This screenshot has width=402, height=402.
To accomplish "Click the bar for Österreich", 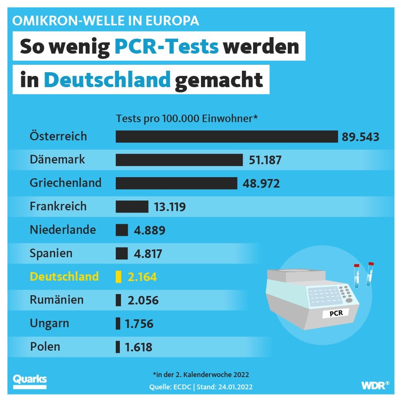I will tap(226, 137).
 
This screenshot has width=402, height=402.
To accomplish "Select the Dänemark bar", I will tap(179, 160).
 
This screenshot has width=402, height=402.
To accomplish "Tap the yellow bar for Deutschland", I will tap(119, 277).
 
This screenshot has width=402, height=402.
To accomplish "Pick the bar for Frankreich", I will tap(132, 207).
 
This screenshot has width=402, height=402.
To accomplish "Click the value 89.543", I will tap(360, 137).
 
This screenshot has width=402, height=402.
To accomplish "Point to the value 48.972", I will tap(261, 184).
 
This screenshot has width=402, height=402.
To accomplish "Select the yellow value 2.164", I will tap(142, 277).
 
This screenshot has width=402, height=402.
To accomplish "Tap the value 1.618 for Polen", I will tap(138, 347).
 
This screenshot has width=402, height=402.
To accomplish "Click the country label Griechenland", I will tap(66, 183).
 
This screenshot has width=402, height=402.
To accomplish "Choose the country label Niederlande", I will tap(63, 229).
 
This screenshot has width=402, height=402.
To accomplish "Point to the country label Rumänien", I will tap(57, 300).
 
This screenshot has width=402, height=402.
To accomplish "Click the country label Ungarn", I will tap(49, 323).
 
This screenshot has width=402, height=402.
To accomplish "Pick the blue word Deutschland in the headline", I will tap(107, 80).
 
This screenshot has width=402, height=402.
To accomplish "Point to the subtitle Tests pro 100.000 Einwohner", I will tap(187, 119).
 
